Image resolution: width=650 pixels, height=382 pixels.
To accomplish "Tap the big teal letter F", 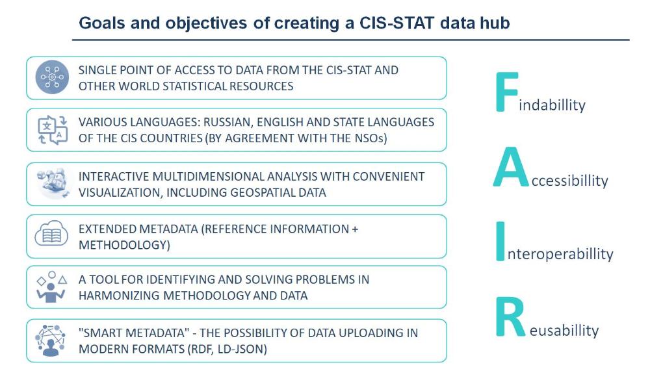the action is coord(506,92).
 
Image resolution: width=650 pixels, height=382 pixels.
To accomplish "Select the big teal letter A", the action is coord(511,167).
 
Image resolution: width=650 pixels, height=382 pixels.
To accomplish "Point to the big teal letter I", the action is coord(500,241).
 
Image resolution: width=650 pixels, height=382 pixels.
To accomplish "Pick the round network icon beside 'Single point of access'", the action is coord(52,77).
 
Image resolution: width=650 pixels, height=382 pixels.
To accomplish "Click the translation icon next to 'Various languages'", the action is coord(52,130).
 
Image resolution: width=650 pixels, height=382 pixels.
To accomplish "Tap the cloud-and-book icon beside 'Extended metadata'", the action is coord(51,234).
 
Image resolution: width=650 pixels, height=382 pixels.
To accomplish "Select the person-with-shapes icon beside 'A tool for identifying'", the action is coord(51,286).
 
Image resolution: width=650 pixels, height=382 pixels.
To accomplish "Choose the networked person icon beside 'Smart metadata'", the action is coord(51,340).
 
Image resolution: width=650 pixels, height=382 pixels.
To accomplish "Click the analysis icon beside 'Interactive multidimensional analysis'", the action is coord(52,183).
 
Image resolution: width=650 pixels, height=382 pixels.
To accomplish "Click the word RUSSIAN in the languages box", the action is coord(228,122).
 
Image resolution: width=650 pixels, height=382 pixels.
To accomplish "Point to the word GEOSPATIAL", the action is coord(261,193).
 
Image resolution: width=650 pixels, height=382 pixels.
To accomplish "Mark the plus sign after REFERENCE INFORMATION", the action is coord(354,229).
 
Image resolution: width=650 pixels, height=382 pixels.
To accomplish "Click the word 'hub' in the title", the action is coord(495,23).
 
